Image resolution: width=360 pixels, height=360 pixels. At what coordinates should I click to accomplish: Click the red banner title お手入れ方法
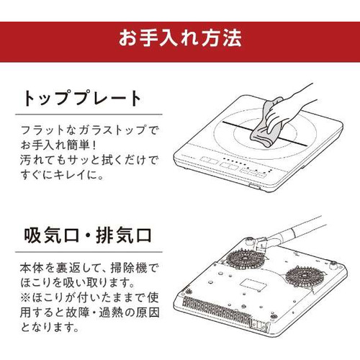pos(180,38)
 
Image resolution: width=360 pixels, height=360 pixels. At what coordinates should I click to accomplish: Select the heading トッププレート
pos(81,99)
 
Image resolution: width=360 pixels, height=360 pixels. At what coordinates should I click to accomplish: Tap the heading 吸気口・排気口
pos(88,235)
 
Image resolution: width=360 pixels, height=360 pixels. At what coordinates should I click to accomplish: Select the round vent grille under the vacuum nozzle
pos(245,259)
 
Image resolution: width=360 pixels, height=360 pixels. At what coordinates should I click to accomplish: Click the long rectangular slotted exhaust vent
pos(216,310)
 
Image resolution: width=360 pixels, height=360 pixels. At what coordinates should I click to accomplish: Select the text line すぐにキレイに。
pos(63,175)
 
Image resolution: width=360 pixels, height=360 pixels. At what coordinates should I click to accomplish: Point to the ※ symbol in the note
pos(25,298)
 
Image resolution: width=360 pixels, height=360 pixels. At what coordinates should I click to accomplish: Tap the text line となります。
pos(50,327)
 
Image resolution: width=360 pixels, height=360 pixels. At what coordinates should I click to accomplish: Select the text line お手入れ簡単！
pos(58,145)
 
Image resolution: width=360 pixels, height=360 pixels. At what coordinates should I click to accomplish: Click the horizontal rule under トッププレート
pos(89,114)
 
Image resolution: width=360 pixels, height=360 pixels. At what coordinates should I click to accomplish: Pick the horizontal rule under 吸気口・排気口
pos(89,252)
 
